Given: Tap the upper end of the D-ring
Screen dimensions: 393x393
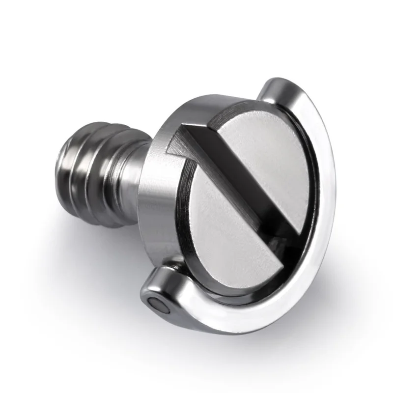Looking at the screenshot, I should point(273,88).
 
